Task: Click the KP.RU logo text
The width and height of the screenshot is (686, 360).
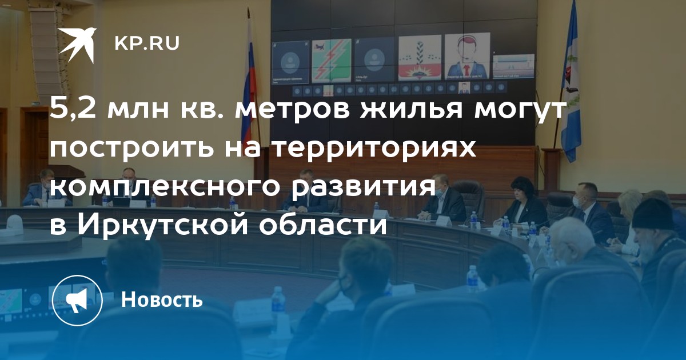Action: (x=147, y=43)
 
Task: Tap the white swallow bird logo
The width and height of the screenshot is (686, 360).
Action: (x=78, y=45)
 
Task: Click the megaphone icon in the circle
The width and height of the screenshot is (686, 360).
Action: (x=77, y=301)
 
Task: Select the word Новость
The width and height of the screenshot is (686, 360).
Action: (x=162, y=299)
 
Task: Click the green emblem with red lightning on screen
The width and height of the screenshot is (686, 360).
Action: (x=332, y=61)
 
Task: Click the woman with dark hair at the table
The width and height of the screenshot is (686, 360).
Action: (x=525, y=202)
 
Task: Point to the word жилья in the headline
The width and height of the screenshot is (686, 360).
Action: (x=411, y=110)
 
